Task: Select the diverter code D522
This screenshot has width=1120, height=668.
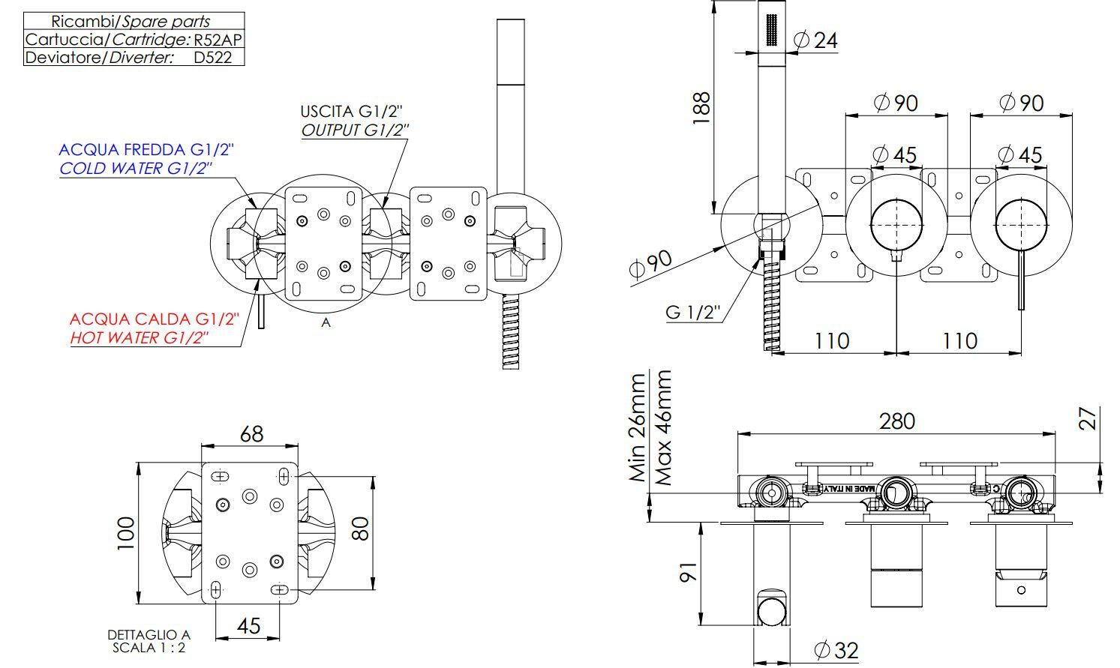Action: point(213,57)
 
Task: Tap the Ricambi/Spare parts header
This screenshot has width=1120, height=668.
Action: point(131,21)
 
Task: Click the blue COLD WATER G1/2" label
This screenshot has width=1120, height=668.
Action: point(136,168)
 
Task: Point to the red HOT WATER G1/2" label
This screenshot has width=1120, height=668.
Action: point(140,337)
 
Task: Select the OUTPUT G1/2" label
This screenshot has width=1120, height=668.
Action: point(356,130)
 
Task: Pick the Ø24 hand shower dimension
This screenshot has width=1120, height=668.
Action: point(815,40)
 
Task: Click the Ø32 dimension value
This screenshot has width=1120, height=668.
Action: point(836,650)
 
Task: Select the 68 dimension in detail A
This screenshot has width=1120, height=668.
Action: point(251,433)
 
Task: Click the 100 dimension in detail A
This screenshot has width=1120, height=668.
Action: point(126,533)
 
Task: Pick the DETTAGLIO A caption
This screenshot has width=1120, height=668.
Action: point(149,635)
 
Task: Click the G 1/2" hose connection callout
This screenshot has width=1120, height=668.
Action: point(693,311)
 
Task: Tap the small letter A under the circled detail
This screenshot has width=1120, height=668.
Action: point(326,322)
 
